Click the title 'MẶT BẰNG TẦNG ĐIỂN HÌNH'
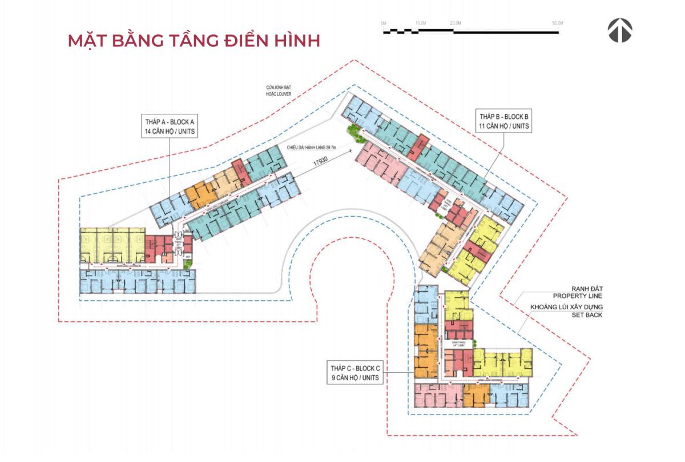click(194, 41)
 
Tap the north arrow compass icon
click(619, 30)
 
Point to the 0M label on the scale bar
click(384, 22)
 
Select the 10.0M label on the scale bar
click(421, 22)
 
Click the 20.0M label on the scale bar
click(455, 22)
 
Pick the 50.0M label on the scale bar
click(558, 22)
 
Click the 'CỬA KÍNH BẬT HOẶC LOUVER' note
click(279, 90)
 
